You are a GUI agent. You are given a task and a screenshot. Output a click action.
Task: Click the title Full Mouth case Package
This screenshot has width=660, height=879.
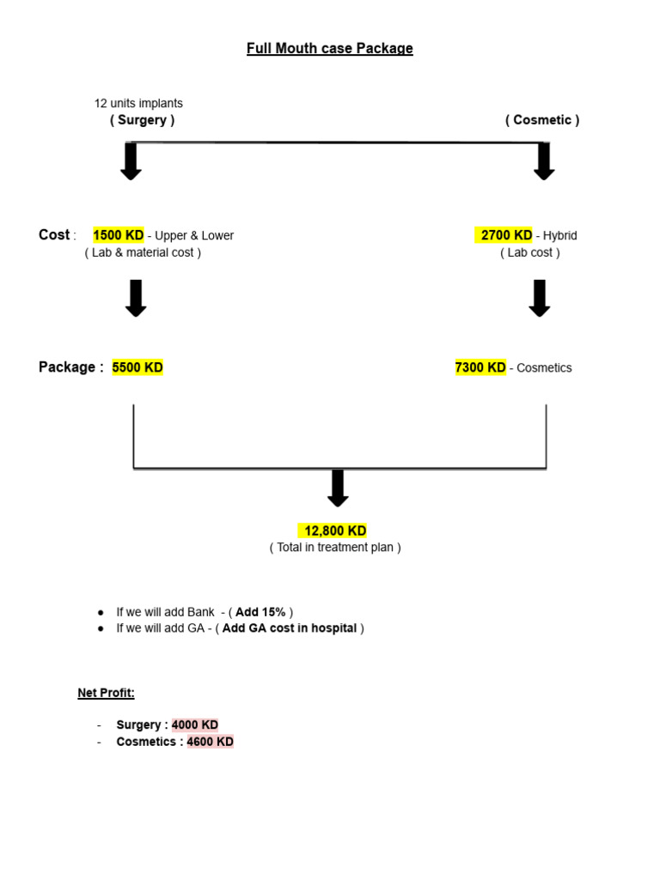[329, 49]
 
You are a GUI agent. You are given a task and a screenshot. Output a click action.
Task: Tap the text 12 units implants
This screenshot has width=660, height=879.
[138, 103]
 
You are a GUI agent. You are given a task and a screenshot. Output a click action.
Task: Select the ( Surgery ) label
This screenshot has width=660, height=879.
[142, 120]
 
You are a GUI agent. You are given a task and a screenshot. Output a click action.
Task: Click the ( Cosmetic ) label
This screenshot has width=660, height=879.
[541, 120]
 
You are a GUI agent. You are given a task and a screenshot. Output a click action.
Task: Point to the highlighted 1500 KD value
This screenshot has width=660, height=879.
[119, 235]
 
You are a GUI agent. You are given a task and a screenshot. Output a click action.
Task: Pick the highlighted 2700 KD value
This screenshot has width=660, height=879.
[505, 235]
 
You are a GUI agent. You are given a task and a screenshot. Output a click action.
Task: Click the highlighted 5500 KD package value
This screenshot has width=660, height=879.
[137, 367]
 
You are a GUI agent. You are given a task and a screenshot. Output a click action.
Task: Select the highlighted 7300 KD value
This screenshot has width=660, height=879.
[480, 367]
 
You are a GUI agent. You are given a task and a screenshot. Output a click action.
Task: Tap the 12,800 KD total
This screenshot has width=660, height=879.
[334, 531]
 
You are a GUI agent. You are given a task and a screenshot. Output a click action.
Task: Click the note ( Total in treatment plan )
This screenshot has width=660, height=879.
[335, 548]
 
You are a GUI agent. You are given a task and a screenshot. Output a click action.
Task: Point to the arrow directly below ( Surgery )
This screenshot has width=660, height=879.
[131, 161]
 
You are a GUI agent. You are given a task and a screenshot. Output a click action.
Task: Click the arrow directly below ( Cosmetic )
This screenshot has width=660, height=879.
[543, 161]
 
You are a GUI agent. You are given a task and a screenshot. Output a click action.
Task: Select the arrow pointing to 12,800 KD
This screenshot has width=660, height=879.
[338, 488]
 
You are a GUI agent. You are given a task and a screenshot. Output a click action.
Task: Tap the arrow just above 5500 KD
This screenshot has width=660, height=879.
[136, 298]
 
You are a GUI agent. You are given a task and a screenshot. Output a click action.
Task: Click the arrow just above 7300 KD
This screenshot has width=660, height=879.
[539, 298]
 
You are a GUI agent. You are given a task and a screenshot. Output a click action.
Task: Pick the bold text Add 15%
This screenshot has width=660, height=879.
[260, 612]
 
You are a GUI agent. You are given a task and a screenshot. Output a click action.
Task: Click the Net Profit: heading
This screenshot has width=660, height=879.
[107, 693]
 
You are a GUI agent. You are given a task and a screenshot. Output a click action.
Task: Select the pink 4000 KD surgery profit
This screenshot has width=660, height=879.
[195, 725]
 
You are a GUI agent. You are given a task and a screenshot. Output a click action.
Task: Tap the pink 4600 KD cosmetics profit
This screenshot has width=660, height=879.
[210, 742]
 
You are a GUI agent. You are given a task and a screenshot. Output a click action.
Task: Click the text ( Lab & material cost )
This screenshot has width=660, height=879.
[143, 252]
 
